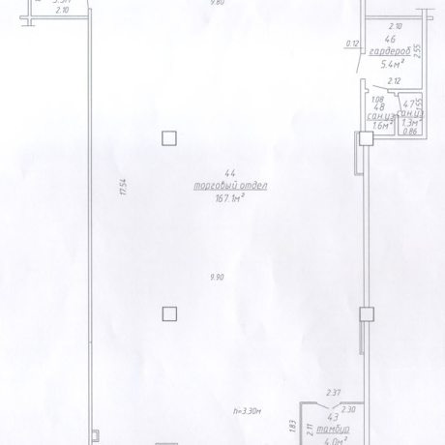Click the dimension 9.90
coord(217,277)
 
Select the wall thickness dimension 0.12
coord(352,44)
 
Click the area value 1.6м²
coord(380,124)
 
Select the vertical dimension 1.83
coord(291,423)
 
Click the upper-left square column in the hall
coord(169,137)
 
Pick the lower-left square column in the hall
coord(169,312)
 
